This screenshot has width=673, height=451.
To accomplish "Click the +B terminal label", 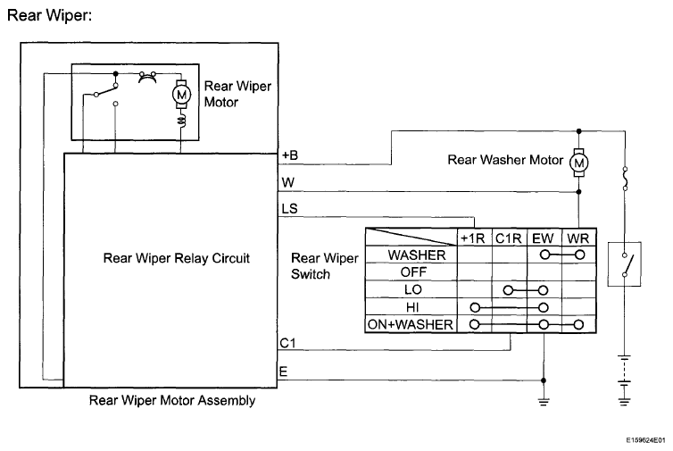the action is click(290, 155).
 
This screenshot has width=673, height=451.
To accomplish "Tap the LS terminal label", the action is click(289, 209).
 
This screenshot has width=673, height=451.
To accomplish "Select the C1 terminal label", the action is click(288, 343).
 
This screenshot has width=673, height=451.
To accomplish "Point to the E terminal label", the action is click(283, 372).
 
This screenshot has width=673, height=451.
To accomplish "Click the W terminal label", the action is click(288, 182).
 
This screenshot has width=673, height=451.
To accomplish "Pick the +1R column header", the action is click(472, 238).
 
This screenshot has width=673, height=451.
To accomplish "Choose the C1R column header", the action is click(508, 238).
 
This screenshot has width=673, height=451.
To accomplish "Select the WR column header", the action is click(577, 238).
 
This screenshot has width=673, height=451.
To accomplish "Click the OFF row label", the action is click(413, 271).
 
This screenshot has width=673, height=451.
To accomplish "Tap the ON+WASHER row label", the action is click(411, 324).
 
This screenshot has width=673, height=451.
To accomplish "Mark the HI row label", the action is click(412, 307).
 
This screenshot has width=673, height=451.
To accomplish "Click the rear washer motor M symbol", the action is click(578, 163).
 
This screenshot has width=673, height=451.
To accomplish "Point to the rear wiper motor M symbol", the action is click(181, 94).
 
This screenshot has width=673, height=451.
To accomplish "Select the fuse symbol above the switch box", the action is click(625, 179).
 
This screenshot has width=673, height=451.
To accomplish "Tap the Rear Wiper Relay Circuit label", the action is click(177, 258).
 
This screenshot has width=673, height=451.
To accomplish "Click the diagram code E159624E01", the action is click(645, 440).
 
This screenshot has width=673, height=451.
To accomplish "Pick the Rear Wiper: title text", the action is click(50, 15).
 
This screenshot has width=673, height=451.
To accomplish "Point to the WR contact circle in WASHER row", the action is click(579, 255).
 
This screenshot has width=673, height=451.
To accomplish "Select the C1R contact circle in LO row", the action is click(508, 290).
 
